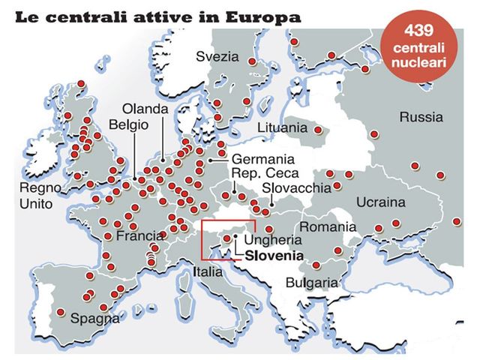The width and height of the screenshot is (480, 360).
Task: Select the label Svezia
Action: tap(217, 56)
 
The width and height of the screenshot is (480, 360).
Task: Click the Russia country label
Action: tap(421, 117)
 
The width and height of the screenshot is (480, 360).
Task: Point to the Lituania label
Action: tap(281, 127)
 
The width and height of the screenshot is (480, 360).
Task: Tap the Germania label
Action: tap(263, 160)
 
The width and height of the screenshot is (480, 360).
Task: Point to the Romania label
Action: tap(327, 226)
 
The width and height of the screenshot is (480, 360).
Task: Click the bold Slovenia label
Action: tap(274, 255)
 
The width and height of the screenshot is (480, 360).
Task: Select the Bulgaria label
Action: tap(311, 283)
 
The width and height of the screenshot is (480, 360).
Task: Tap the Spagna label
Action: tap(94, 318)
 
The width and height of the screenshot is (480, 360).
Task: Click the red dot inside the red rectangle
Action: tap(227, 238)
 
